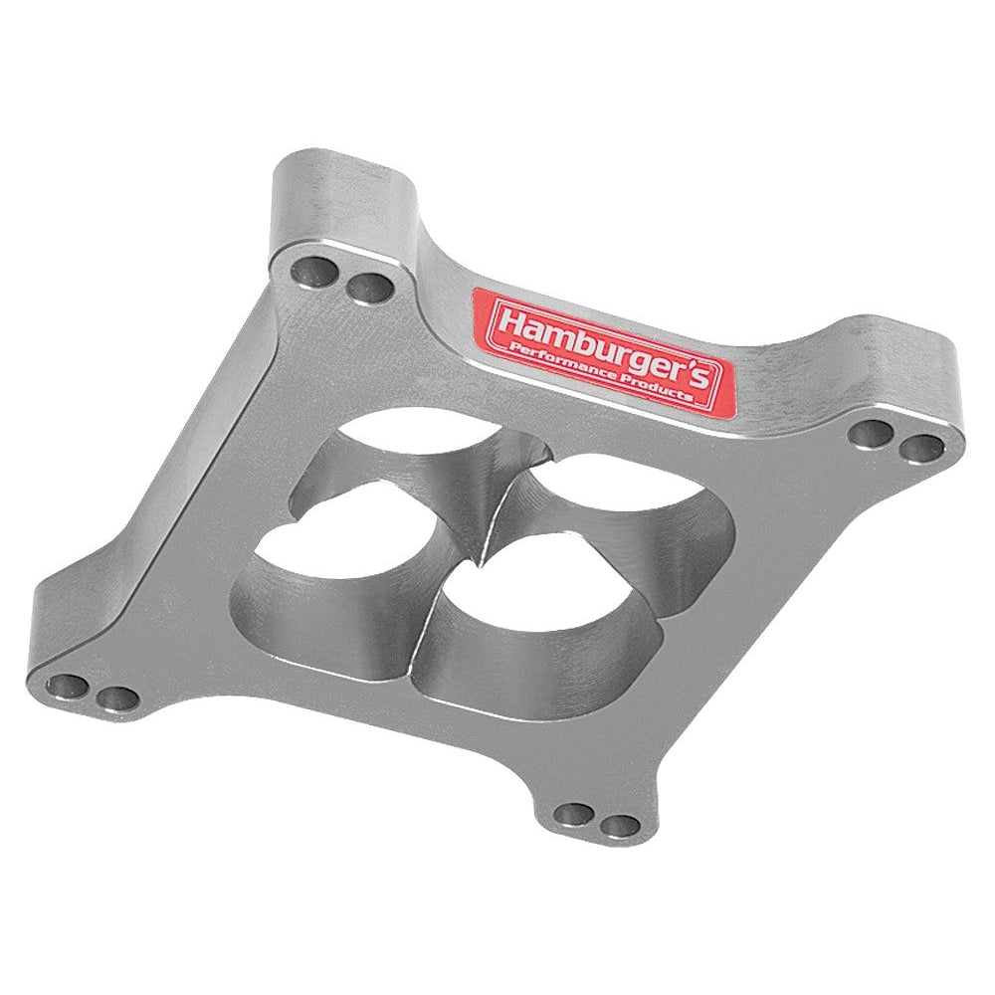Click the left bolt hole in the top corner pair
(314, 274)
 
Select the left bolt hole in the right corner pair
(872, 435)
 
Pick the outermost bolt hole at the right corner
(921, 449)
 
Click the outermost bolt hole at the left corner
(68, 685)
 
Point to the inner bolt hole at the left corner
(116, 698)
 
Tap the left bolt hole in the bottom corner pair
(574, 814)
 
